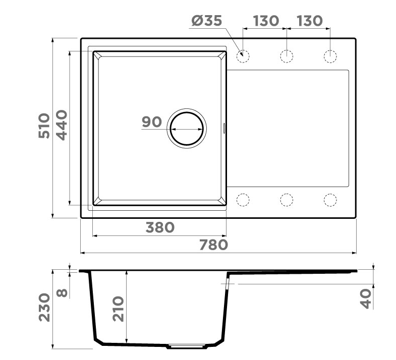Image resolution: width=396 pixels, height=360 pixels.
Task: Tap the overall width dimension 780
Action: click(213, 245)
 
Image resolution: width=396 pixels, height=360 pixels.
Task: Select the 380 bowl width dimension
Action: click(160, 228)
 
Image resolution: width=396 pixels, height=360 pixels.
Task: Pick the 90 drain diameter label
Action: click(151, 122)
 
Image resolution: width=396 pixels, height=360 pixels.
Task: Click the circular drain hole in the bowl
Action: click(187, 128)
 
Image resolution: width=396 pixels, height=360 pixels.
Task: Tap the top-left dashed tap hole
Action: click(243, 55)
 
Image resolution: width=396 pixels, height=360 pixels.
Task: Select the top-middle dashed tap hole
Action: click(287, 55)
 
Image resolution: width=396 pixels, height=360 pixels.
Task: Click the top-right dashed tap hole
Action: click(330, 55)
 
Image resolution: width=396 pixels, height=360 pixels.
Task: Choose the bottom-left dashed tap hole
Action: click(243, 200)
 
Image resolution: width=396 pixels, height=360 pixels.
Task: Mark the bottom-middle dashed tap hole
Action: click(287, 200)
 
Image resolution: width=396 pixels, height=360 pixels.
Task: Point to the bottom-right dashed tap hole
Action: click(330, 200)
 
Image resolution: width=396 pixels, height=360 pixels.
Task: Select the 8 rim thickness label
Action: click(62, 293)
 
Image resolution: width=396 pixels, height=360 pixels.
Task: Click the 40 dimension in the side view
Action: click(366, 298)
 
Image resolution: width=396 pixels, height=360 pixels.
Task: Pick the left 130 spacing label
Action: click(266, 21)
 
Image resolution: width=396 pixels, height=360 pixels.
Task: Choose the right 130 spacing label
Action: click(309, 21)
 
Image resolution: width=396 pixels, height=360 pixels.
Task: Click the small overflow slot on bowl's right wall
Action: click(224, 128)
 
